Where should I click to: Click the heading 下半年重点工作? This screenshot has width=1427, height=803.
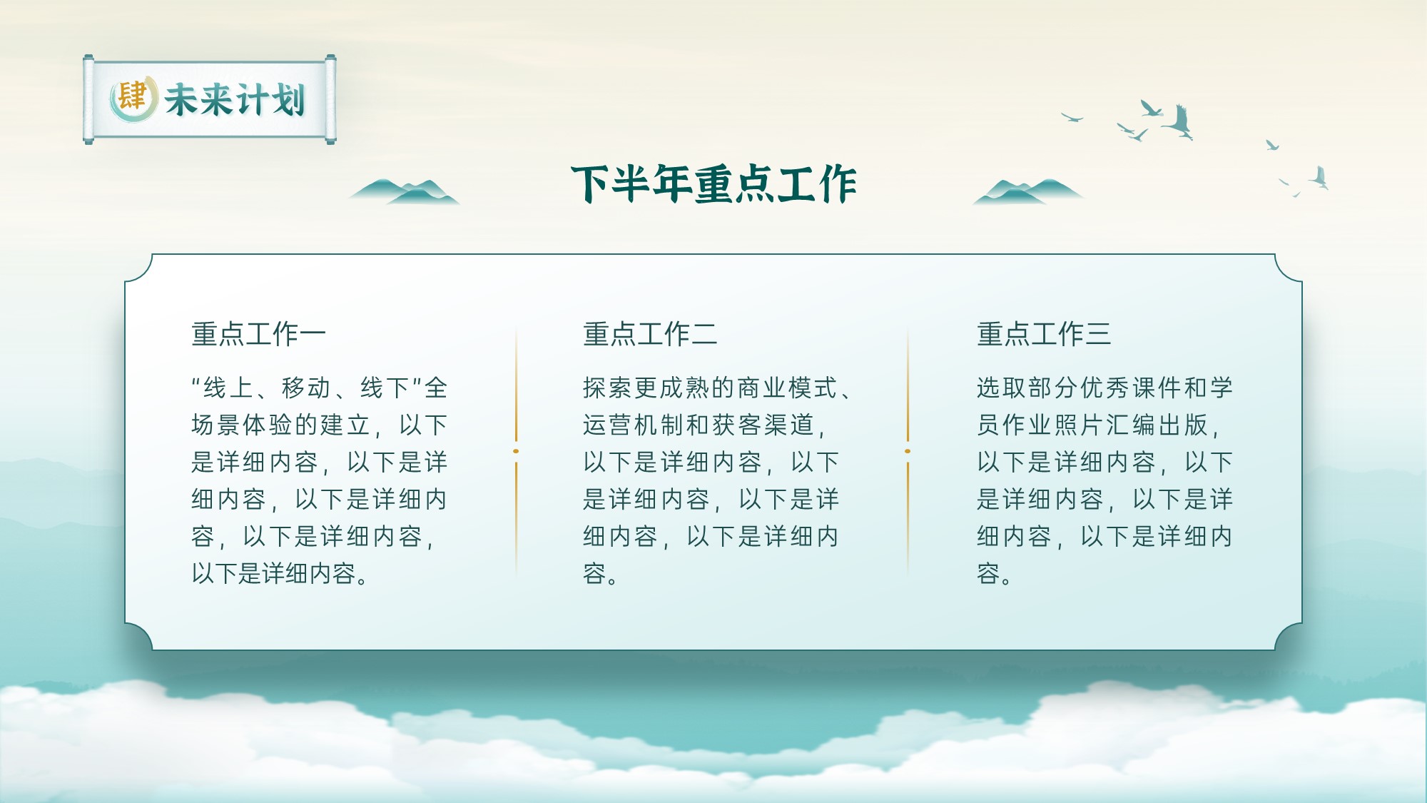click(713, 184)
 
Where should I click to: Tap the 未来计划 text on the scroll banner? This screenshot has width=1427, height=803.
click(235, 99)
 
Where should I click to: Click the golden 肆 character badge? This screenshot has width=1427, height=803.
click(133, 98)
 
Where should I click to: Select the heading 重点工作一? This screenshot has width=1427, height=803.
click(258, 334)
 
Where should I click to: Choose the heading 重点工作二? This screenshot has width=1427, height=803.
click(650, 334)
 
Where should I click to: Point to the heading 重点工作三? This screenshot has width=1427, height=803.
click(1044, 334)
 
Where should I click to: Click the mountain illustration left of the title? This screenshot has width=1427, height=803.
click(404, 191)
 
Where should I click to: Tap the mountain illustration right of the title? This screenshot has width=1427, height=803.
click(1028, 191)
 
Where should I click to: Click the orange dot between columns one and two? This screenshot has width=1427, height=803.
click(516, 451)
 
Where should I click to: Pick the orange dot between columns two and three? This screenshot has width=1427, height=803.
click(908, 451)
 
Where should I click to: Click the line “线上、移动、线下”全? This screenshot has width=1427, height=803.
click(320, 388)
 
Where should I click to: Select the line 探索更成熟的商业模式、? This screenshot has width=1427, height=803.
click(717, 388)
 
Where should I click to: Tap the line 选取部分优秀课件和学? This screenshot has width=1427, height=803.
click(1105, 388)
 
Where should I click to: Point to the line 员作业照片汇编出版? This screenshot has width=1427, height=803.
click(1099, 425)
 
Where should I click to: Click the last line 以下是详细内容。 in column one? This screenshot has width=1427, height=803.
click(280, 573)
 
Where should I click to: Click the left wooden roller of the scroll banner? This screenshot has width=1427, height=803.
click(88, 99)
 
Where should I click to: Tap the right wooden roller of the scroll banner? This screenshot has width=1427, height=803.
click(330, 99)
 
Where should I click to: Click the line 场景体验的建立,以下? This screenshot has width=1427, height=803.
click(320, 425)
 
